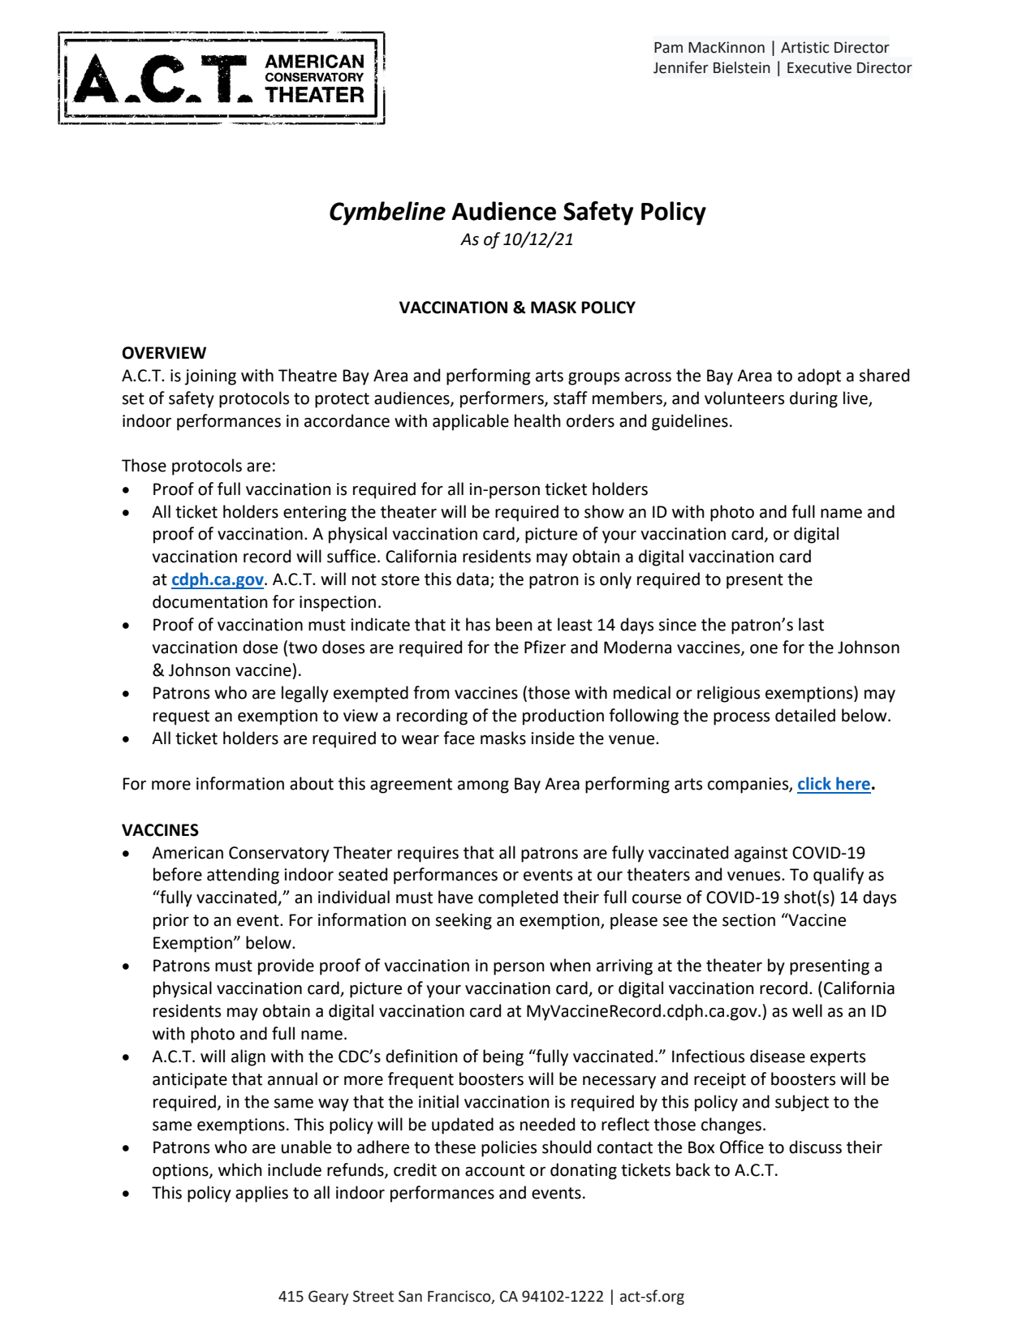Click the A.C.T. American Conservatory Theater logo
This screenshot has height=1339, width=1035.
coord(222,78)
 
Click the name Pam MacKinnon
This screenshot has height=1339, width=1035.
coord(709,48)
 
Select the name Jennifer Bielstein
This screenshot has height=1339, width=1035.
coord(711,68)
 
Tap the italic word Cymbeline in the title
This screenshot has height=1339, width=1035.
coord(386,212)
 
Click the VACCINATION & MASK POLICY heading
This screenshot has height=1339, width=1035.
coord(517,308)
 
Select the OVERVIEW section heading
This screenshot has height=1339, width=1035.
coord(164,353)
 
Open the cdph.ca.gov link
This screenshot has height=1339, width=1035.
coord(218,579)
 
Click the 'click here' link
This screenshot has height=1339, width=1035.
coord(834,784)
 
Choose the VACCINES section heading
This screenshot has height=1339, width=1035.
coord(160,830)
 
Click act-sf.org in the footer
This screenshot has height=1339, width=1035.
coord(652,1297)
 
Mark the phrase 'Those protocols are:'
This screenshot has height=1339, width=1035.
coord(199,466)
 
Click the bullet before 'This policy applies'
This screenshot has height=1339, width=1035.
coord(126,1194)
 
